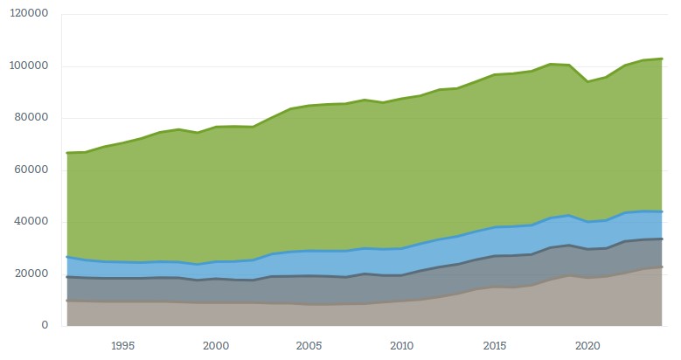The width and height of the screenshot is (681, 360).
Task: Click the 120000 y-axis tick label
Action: click(x=28, y=15)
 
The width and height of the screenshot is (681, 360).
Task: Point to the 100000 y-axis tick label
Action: click(x=28, y=66)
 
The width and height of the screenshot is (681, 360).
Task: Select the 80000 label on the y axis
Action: click(x=31, y=118)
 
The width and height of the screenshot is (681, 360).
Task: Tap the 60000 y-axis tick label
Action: click(x=31, y=170)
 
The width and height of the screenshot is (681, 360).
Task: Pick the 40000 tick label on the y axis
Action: click(x=31, y=222)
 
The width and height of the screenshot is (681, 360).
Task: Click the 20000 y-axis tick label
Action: click(x=31, y=273)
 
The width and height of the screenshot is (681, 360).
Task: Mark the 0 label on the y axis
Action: click(x=45, y=325)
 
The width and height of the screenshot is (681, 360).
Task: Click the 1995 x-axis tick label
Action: click(x=122, y=344)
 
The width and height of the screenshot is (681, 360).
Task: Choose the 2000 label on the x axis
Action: click(x=216, y=344)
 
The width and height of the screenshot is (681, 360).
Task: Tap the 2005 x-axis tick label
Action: click(x=309, y=344)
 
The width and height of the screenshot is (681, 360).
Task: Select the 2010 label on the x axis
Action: click(x=401, y=344)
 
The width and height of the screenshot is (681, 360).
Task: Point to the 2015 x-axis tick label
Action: click(x=495, y=344)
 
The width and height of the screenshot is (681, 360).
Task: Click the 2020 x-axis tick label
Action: click(x=587, y=344)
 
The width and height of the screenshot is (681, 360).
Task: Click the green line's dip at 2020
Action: click(x=587, y=81)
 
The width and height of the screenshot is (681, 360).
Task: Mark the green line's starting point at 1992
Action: click(x=67, y=153)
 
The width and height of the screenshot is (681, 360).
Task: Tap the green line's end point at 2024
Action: click(x=662, y=59)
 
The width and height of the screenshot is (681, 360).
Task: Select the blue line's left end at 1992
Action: click(x=67, y=257)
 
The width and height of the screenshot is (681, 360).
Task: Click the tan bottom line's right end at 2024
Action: click(x=662, y=267)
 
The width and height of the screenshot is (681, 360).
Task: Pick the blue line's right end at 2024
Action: click(x=662, y=211)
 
